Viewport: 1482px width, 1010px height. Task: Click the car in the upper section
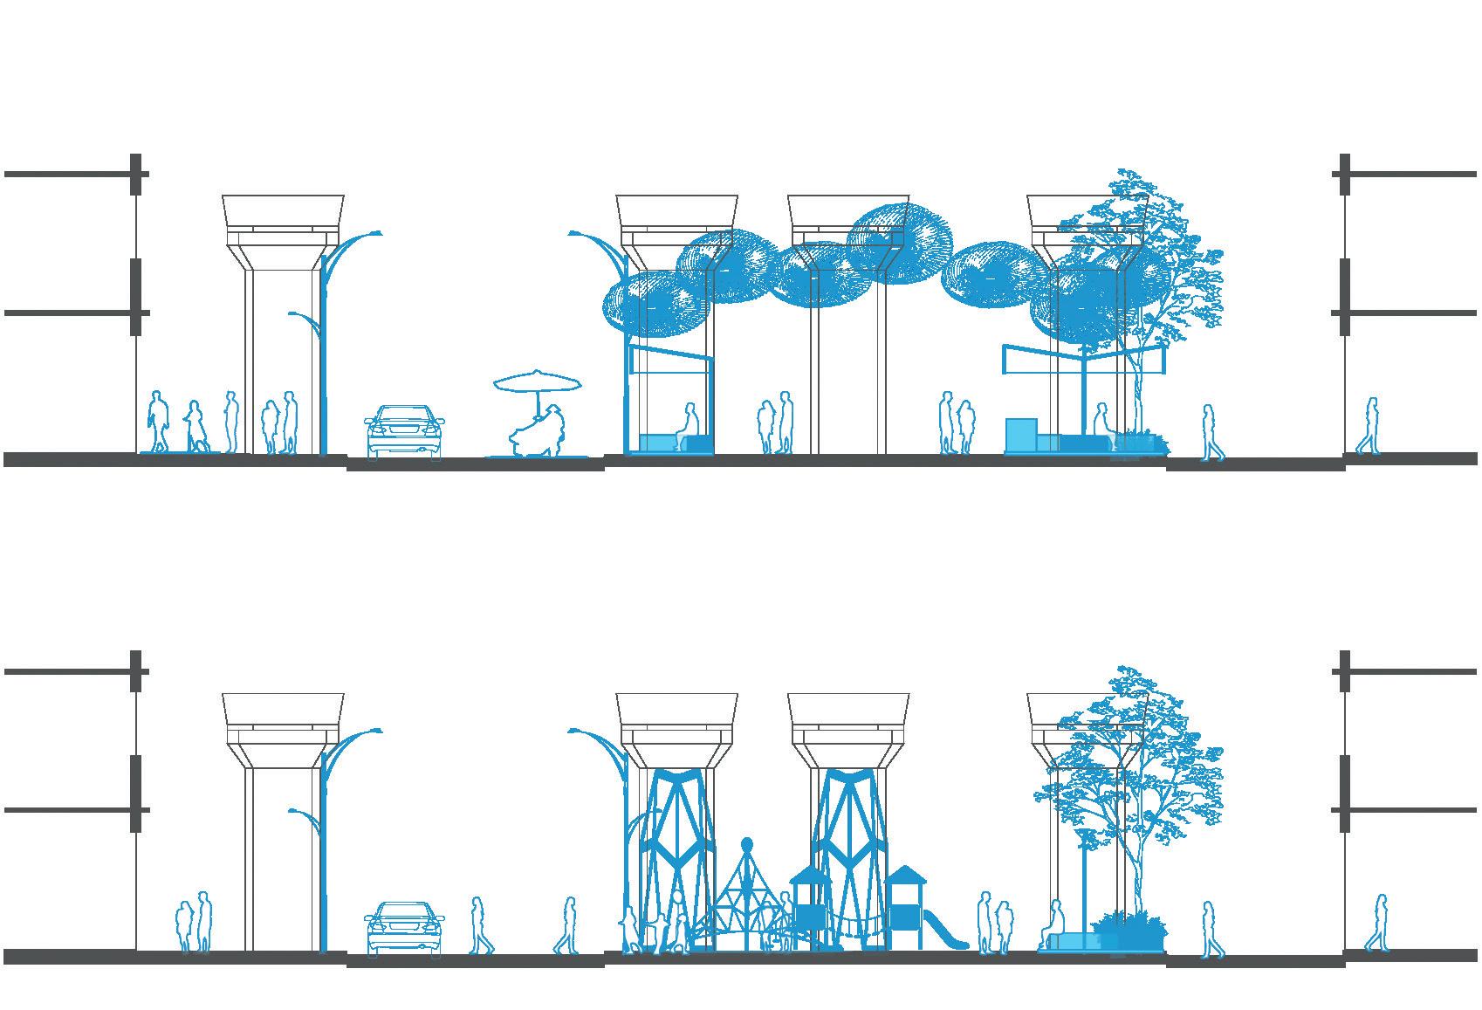[x=404, y=431]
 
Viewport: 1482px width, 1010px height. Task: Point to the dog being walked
[x=202, y=444]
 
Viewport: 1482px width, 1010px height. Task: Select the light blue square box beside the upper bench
[x=1020, y=436]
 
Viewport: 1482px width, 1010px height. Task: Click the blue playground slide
[x=948, y=931]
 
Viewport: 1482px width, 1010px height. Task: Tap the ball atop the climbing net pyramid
[x=747, y=844]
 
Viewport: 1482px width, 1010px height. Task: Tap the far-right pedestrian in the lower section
[x=1376, y=923]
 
